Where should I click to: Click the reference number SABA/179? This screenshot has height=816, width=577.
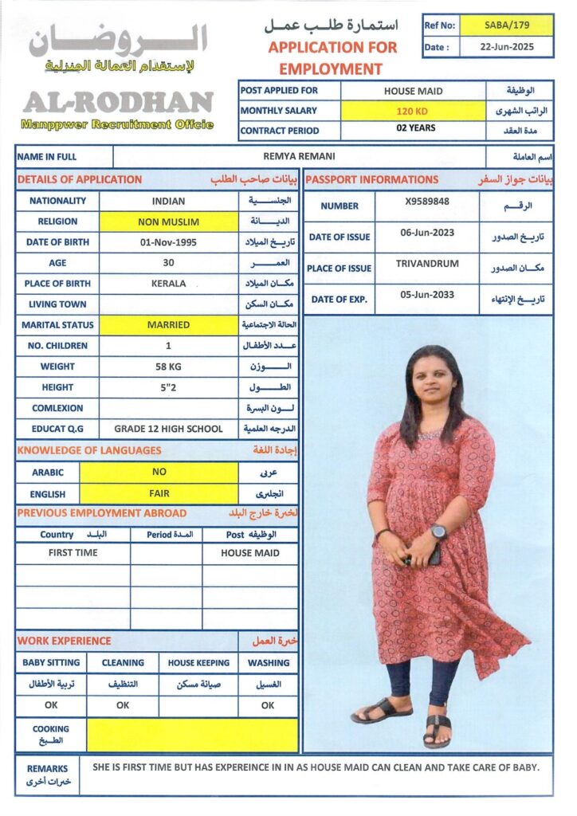tap(506, 25)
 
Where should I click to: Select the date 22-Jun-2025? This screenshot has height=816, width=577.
tap(506, 47)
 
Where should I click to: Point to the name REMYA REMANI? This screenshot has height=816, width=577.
tap(299, 157)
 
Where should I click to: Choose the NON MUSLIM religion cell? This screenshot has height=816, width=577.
tap(168, 222)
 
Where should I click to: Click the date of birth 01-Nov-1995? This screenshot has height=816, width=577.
tap(168, 242)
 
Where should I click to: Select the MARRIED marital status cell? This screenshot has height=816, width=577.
tap(168, 325)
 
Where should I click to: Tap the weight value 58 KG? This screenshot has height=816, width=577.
tap(168, 367)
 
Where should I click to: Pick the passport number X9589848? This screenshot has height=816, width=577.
tap(426, 202)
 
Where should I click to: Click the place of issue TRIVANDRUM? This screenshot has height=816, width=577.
tap(426, 263)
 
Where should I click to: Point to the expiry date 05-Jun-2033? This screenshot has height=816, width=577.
tap(426, 295)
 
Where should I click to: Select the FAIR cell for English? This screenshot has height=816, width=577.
tap(159, 493)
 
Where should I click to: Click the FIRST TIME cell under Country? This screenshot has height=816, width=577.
tap(73, 553)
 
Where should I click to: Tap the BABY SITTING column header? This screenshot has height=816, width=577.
tap(51, 663)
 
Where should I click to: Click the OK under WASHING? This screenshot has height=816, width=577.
tap(268, 705)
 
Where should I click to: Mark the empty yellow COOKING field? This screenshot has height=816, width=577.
tap(192, 735)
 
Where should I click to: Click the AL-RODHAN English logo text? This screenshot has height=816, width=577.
tap(118, 102)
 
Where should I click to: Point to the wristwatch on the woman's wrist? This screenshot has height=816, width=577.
tap(438, 532)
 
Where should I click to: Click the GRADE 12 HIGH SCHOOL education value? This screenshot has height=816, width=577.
tap(168, 429)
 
